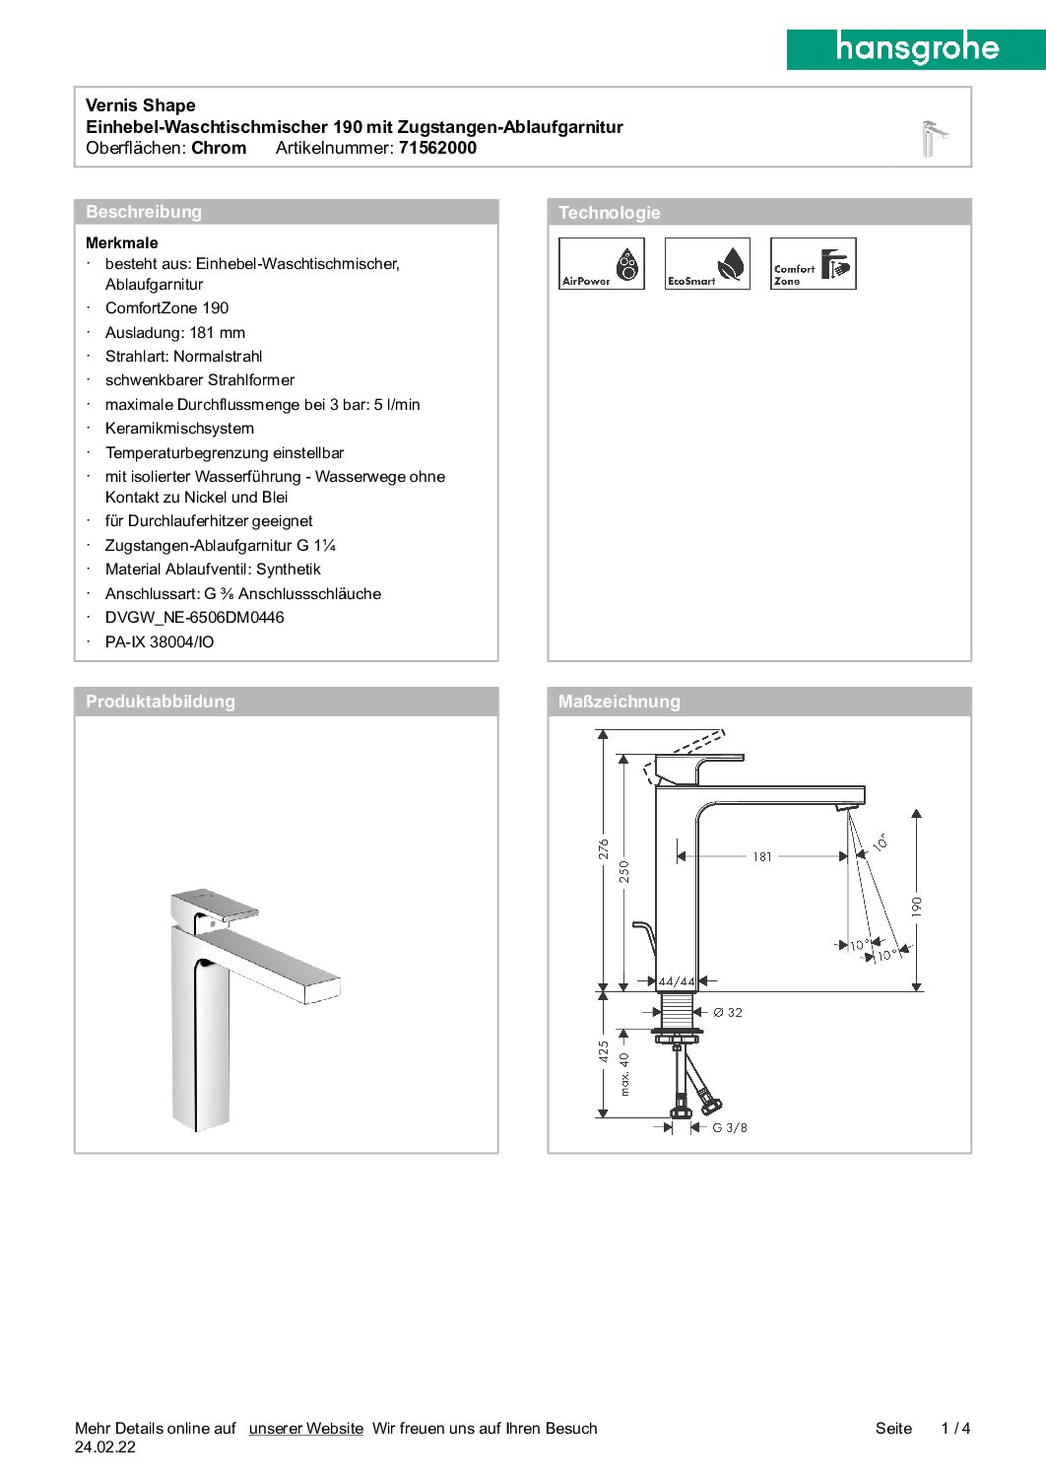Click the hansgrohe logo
click(x=916, y=48)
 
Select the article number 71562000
click(x=437, y=148)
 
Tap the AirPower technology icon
click(x=601, y=263)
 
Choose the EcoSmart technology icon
click(x=707, y=263)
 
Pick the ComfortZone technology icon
click(x=813, y=263)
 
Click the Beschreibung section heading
click(x=144, y=212)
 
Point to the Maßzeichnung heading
click(x=619, y=702)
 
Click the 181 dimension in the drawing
click(x=762, y=857)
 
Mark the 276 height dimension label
click(x=604, y=849)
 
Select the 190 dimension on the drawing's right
click(x=917, y=907)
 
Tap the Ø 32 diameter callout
click(x=728, y=1012)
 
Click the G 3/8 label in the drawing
click(x=730, y=1127)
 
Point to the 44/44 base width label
click(x=677, y=981)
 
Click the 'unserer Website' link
click(x=305, y=1428)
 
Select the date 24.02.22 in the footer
click(x=105, y=1447)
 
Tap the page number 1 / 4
click(x=955, y=1428)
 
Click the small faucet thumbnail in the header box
click(x=933, y=138)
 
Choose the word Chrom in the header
click(x=219, y=148)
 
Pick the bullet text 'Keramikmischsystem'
click(x=179, y=429)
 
